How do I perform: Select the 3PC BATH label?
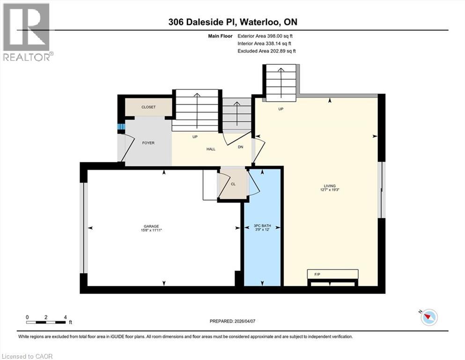click(263, 225)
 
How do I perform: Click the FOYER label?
click(148, 143)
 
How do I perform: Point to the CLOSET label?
click(148, 107)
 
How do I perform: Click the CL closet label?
click(233, 184)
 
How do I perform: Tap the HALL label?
click(211, 149)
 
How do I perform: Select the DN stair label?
click(240, 147)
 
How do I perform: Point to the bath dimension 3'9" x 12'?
click(263, 230)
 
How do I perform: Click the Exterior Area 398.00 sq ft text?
click(265, 36)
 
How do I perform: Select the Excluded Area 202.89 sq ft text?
click(266, 51)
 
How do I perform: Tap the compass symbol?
click(428, 317)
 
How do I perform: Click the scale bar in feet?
click(46, 322)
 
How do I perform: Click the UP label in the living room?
click(281, 109)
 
